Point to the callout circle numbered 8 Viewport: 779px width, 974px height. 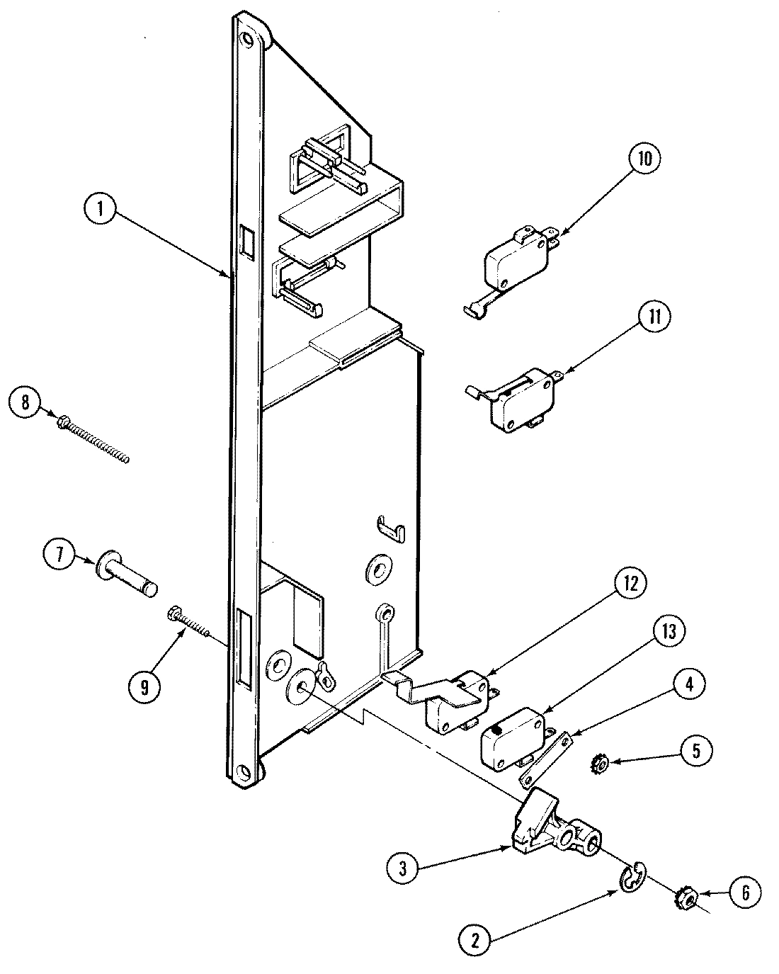(x=26, y=404)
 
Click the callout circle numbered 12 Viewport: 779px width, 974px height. (x=626, y=584)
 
